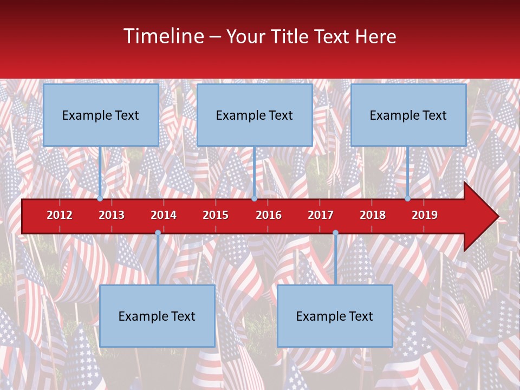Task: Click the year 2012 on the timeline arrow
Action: click(60, 215)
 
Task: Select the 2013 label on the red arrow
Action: click(112, 215)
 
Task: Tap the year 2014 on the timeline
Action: click(164, 215)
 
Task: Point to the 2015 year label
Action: click(216, 215)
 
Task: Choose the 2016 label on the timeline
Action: click(269, 215)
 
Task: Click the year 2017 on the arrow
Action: click(321, 215)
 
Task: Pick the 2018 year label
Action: click(373, 215)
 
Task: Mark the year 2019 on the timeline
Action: click(425, 215)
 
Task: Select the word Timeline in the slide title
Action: click(163, 36)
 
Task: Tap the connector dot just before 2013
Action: click(100, 199)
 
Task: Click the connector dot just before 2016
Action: click(254, 199)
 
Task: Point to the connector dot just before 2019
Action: click(408, 199)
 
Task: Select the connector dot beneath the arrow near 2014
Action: click(158, 233)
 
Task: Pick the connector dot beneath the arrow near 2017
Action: click(335, 233)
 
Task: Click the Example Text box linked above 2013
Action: click(101, 115)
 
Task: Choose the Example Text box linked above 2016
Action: click(255, 115)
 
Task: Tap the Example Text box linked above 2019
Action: click(408, 115)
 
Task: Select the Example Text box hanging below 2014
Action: click(157, 316)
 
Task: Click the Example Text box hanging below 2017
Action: click(335, 316)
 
